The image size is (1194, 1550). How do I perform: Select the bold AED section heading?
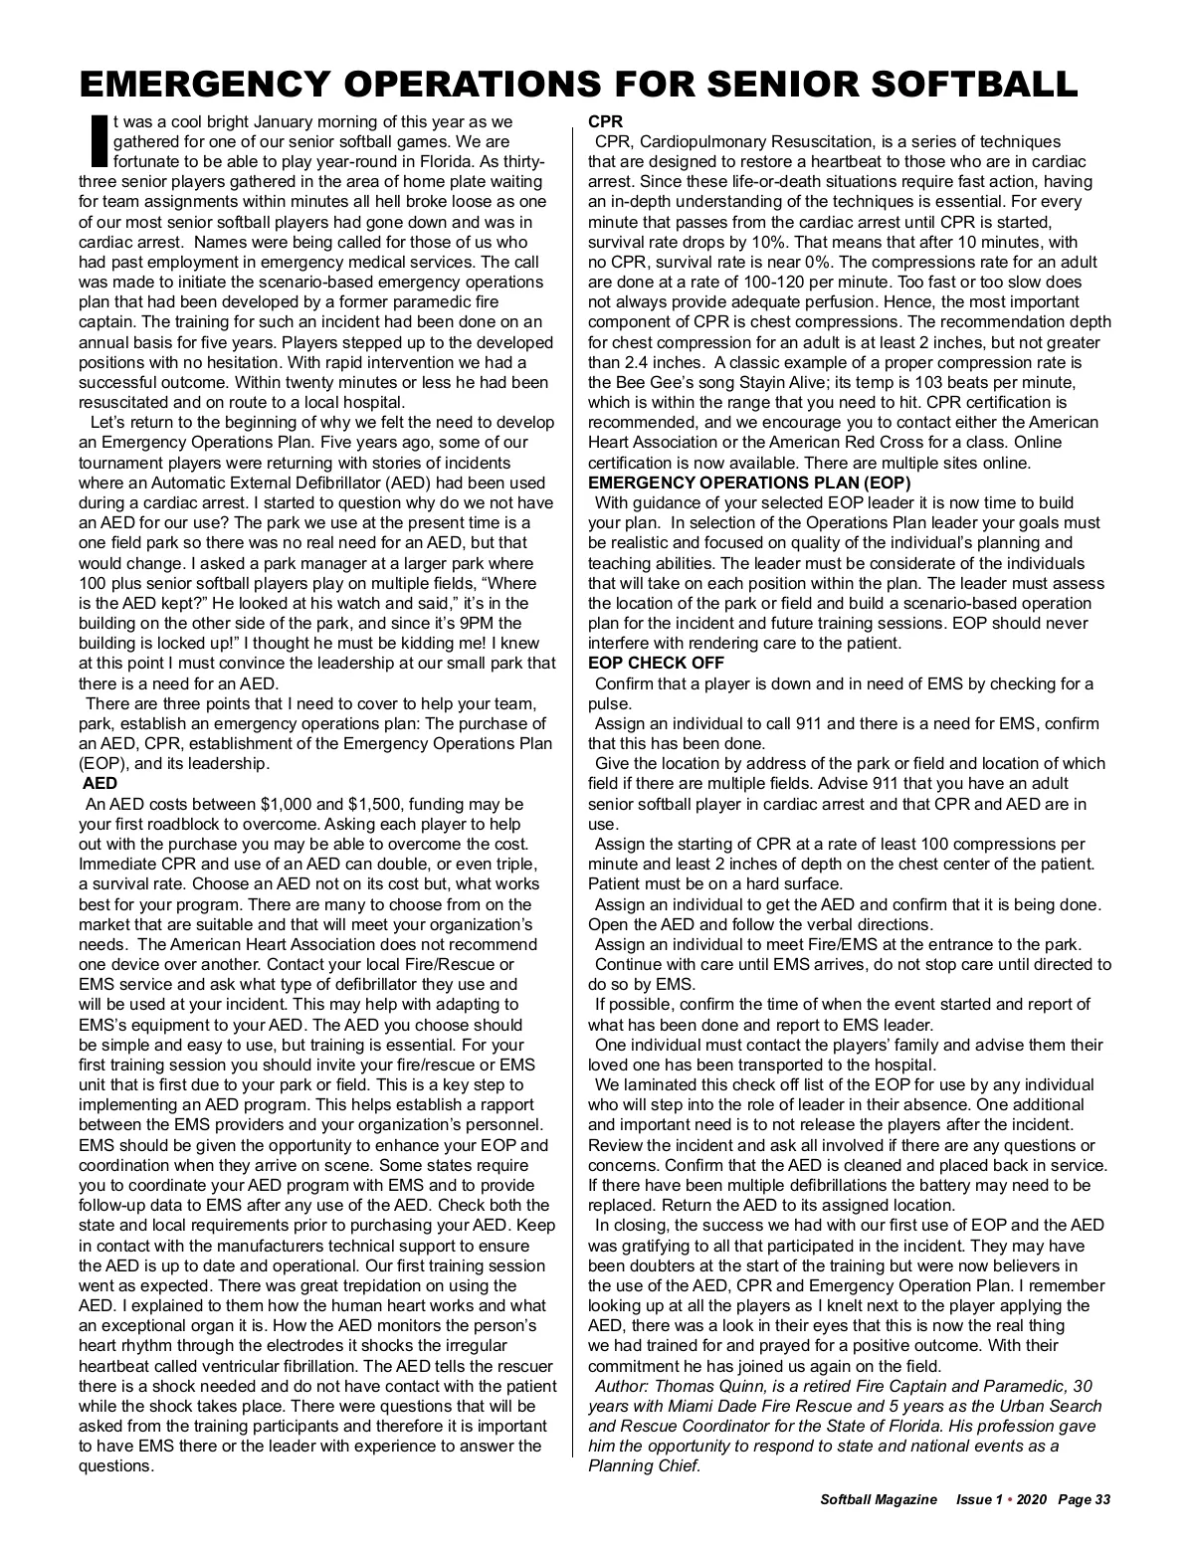tap(100, 783)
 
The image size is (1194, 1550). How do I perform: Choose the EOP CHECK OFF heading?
tap(657, 663)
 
